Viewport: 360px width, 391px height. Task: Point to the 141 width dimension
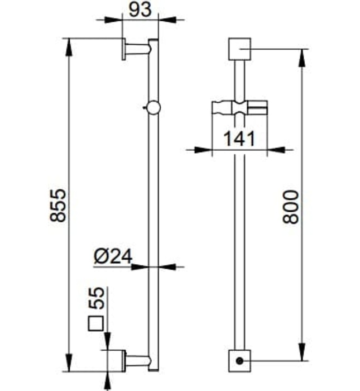[239, 138]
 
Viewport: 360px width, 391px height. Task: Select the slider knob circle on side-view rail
[153, 108]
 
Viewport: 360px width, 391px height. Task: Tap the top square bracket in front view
[239, 50]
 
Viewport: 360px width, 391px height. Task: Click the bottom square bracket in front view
[239, 360]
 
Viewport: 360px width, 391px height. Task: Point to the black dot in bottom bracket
[239, 361]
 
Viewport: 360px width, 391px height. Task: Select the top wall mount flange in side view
[122, 49]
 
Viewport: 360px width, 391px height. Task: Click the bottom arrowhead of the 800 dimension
[303, 355]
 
